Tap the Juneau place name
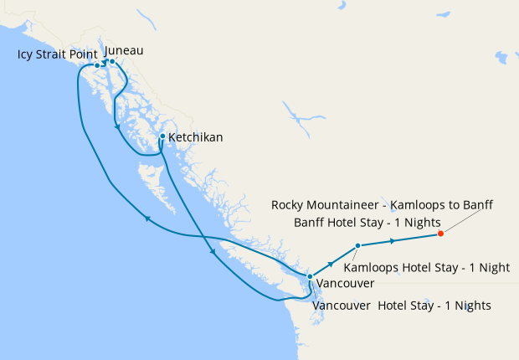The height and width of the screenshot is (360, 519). coord(124,50)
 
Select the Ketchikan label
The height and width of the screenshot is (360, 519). coord(195,136)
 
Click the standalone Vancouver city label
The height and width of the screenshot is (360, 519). coord(345,284)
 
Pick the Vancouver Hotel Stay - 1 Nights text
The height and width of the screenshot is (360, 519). coord(401,306)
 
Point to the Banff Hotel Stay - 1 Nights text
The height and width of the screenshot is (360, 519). coord(365,222)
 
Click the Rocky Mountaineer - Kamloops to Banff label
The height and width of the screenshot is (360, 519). coord(383,205)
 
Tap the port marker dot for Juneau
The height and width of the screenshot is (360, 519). coord(112,61)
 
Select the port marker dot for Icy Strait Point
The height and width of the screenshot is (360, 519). coord(97,65)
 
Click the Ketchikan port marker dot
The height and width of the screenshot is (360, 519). coord(162,136)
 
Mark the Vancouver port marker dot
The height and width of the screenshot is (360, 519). coord(310,276)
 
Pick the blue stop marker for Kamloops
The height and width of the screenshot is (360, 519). coord(357,245)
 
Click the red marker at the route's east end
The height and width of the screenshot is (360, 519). coord(440,234)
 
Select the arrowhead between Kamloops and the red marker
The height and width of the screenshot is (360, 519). coord(392,241)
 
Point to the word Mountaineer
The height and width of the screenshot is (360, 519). coord(346,205)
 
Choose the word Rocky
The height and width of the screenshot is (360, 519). coord(289,205)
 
